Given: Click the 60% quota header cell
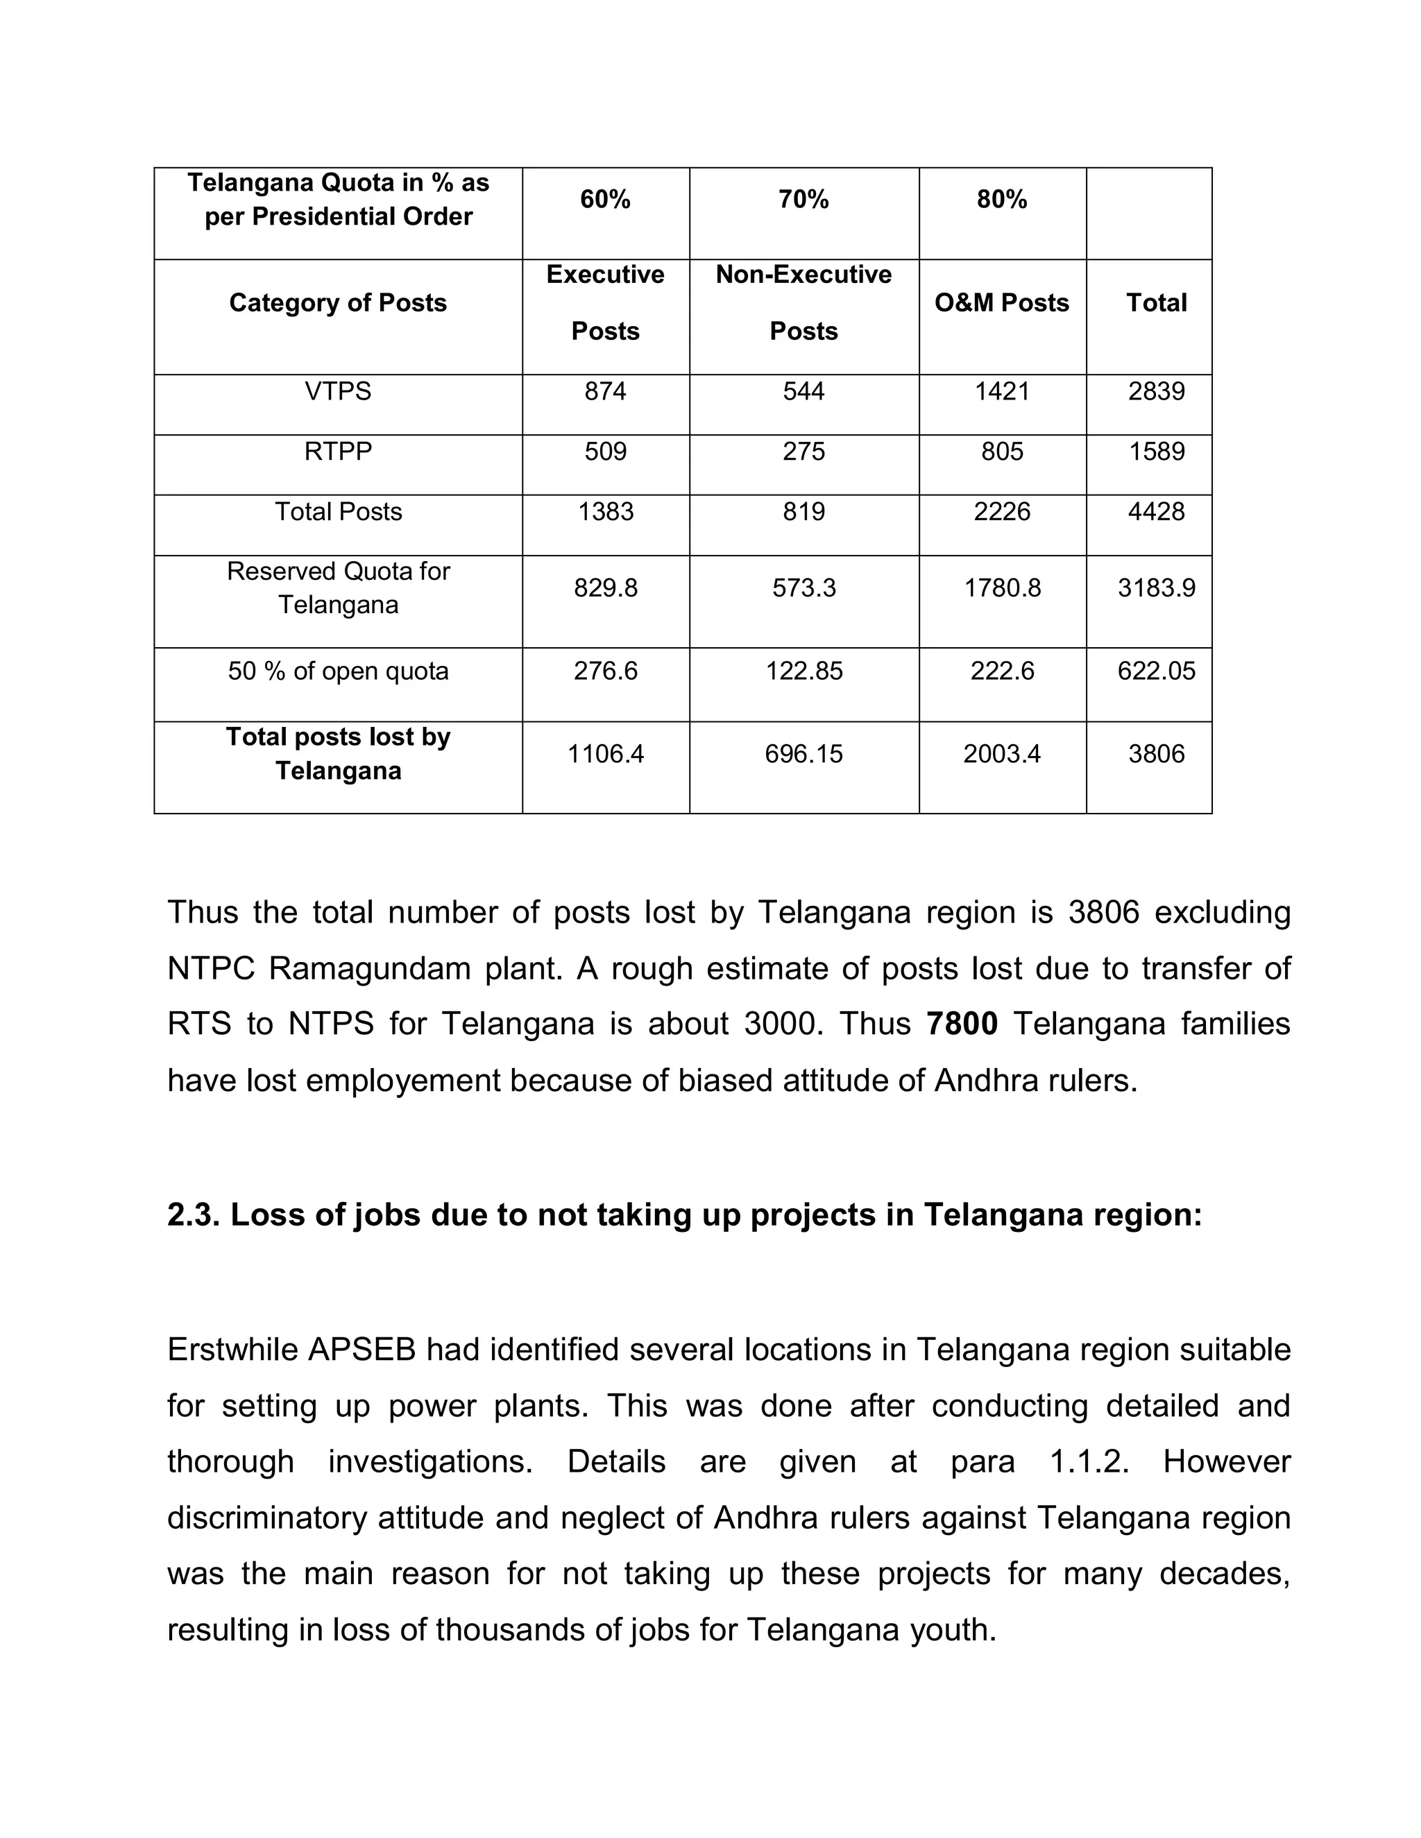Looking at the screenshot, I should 605,200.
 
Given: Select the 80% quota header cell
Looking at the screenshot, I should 1002,200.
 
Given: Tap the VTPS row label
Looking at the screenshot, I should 338,391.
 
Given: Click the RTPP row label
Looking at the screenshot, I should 338,452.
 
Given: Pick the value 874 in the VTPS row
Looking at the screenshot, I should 605,391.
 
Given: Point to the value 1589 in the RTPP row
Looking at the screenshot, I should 1156,452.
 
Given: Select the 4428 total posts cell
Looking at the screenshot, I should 1156,512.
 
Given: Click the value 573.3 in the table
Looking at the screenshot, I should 804,587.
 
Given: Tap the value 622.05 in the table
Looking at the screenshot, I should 1156,671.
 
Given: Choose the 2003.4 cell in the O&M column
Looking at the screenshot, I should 1002,754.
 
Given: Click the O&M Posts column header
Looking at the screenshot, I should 1002,303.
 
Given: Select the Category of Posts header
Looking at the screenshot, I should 338,303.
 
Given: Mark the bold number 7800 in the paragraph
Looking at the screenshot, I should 962,1024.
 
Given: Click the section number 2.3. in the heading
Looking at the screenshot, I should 193,1215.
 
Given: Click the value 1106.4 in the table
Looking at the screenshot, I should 605,754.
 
